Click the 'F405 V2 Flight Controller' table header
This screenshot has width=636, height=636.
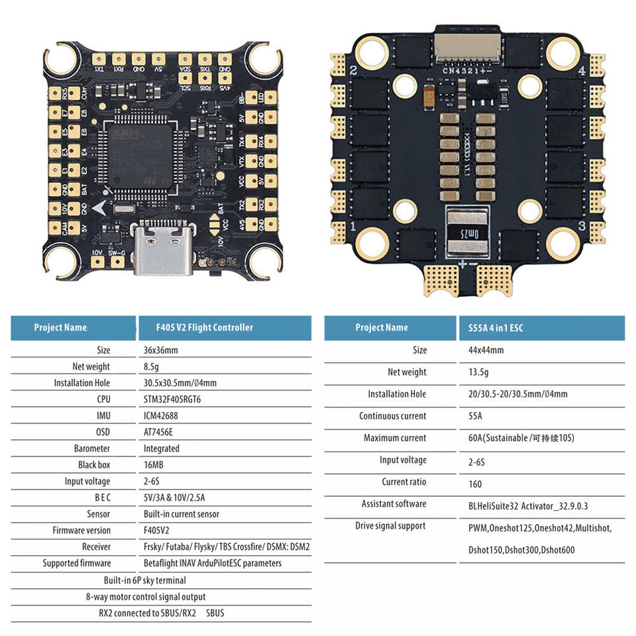(204, 327)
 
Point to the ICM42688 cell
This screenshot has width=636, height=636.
(161, 416)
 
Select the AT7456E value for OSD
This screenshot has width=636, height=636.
(159, 432)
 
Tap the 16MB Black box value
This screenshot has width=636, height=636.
(154, 465)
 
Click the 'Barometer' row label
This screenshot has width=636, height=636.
(92, 449)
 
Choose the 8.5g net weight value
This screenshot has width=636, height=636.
(150, 366)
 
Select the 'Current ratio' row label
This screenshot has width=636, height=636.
(403, 482)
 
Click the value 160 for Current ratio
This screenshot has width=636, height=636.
(466, 484)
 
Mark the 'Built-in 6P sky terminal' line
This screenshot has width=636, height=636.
(144, 580)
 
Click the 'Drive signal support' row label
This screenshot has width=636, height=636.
(394, 526)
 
